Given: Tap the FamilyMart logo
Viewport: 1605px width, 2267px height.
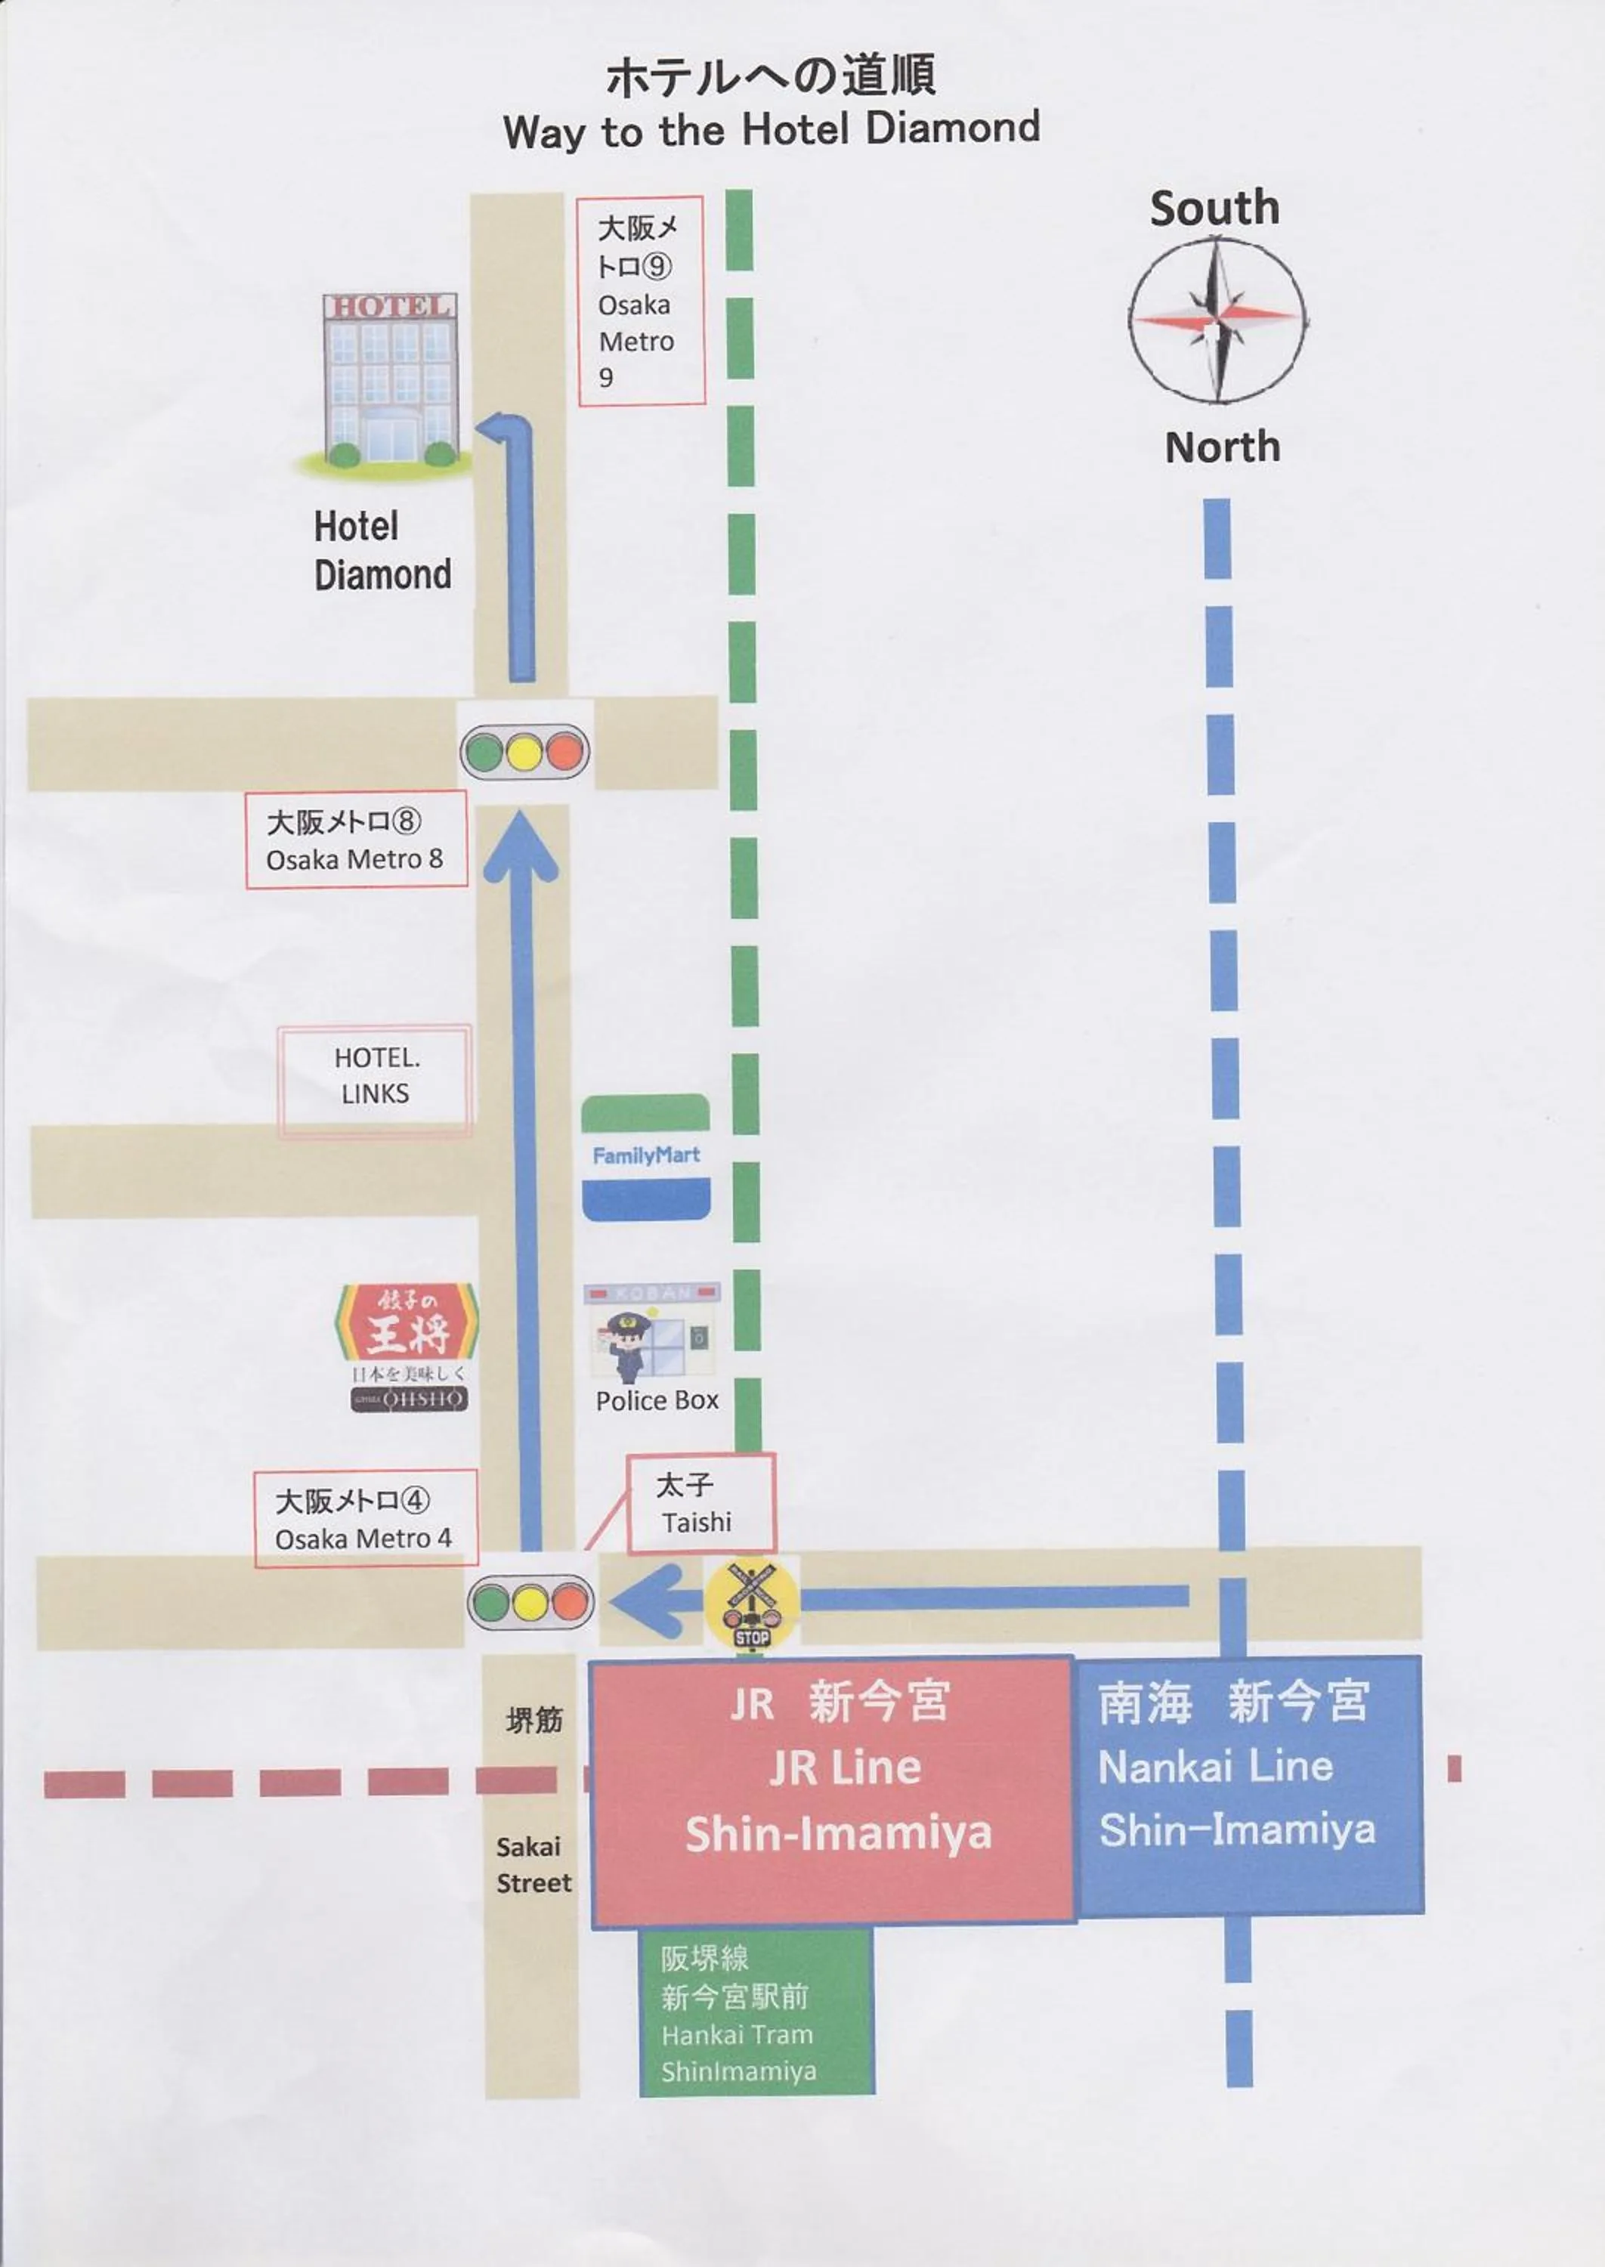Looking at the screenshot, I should [645, 1156].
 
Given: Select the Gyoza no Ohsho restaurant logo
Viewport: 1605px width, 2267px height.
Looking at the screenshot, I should [407, 1346].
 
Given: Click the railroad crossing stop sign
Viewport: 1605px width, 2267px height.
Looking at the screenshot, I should [752, 1604].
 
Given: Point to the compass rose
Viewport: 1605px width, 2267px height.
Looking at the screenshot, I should [1217, 320].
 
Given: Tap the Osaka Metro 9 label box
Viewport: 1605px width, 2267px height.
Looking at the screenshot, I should [641, 301].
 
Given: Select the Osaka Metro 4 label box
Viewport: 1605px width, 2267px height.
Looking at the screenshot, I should [365, 1518].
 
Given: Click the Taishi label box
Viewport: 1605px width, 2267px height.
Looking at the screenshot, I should [700, 1503].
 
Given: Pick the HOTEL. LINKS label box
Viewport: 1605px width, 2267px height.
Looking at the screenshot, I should [376, 1076].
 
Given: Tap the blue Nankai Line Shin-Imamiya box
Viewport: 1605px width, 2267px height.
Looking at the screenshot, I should [1248, 1784].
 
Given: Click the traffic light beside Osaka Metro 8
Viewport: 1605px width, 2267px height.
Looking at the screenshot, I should [524, 751].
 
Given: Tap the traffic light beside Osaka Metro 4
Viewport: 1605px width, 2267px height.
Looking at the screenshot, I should [530, 1602].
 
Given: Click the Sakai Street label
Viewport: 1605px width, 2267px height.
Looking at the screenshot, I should [533, 1863].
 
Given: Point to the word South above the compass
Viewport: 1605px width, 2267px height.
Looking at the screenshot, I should [1214, 209].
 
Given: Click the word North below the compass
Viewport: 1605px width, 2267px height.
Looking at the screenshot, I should [1222, 447].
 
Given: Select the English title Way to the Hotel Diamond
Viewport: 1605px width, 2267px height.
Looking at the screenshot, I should [771, 129].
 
